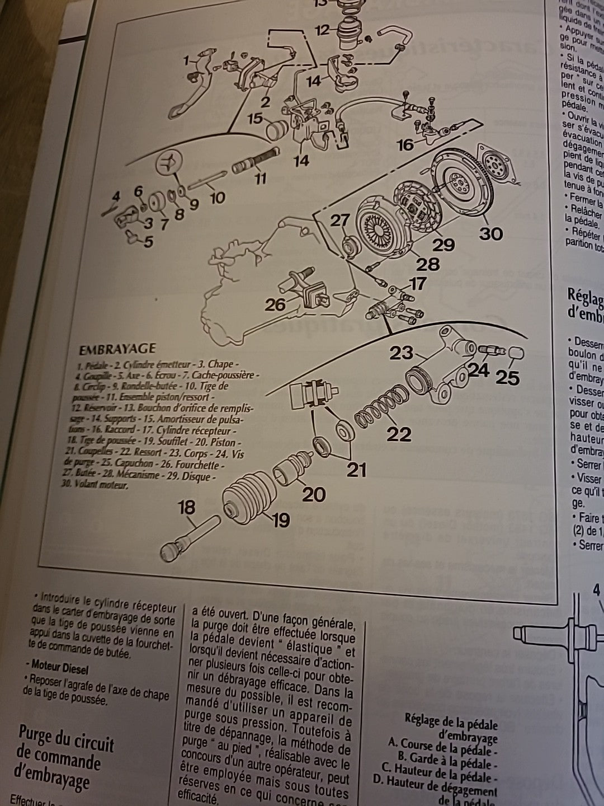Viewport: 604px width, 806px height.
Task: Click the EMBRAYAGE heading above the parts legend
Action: point(117,349)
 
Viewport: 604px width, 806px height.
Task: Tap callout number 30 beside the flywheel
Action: point(490,233)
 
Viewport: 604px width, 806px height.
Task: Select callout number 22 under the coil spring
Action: point(399,434)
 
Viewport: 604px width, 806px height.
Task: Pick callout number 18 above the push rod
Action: point(186,508)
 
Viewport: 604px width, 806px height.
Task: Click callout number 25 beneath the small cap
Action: point(508,378)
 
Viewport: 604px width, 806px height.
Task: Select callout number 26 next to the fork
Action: point(275,304)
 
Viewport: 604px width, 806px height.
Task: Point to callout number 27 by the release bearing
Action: point(339,221)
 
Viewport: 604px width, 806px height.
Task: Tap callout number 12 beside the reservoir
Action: point(322,30)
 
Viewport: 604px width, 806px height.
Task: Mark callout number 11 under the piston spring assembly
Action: point(261,179)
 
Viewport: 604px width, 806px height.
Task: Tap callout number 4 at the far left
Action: point(116,196)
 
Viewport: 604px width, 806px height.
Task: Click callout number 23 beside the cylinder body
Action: point(402,353)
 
